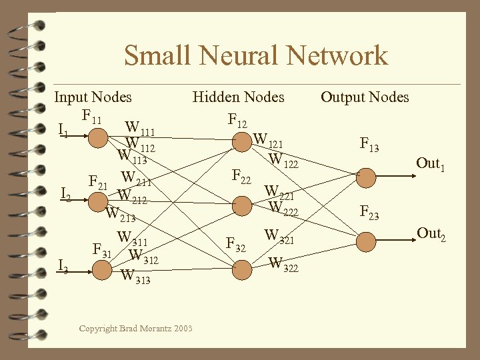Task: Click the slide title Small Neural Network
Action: coord(255,55)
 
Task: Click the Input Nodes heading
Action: coord(93,97)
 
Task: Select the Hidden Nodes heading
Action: coord(238,97)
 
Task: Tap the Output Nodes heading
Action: coord(365,97)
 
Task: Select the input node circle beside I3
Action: coord(101,269)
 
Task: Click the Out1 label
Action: coord(431,163)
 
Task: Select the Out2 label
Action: coord(431,234)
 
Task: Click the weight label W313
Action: coord(135,276)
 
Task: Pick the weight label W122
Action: coord(283,159)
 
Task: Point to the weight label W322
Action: coord(283,264)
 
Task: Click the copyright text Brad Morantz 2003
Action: coord(135,328)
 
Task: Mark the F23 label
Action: coord(369,213)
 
